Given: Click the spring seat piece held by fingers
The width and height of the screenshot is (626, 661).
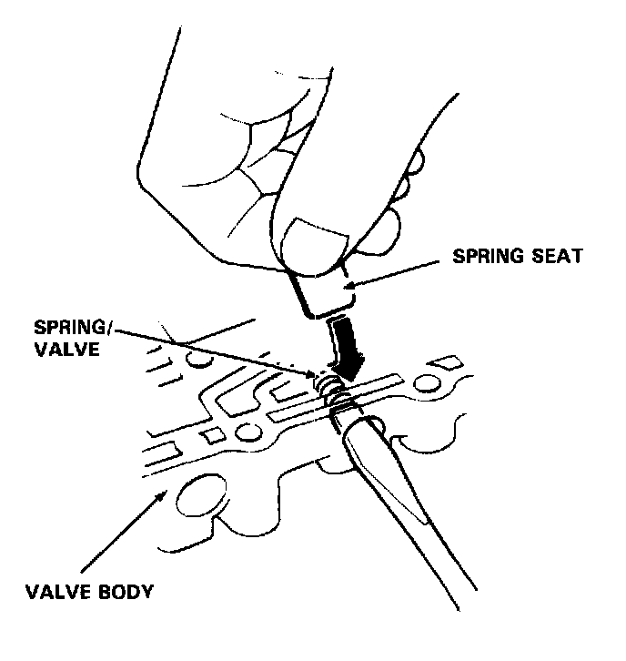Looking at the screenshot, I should (324, 291).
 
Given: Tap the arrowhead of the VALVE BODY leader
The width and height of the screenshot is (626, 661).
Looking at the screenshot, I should (164, 493).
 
